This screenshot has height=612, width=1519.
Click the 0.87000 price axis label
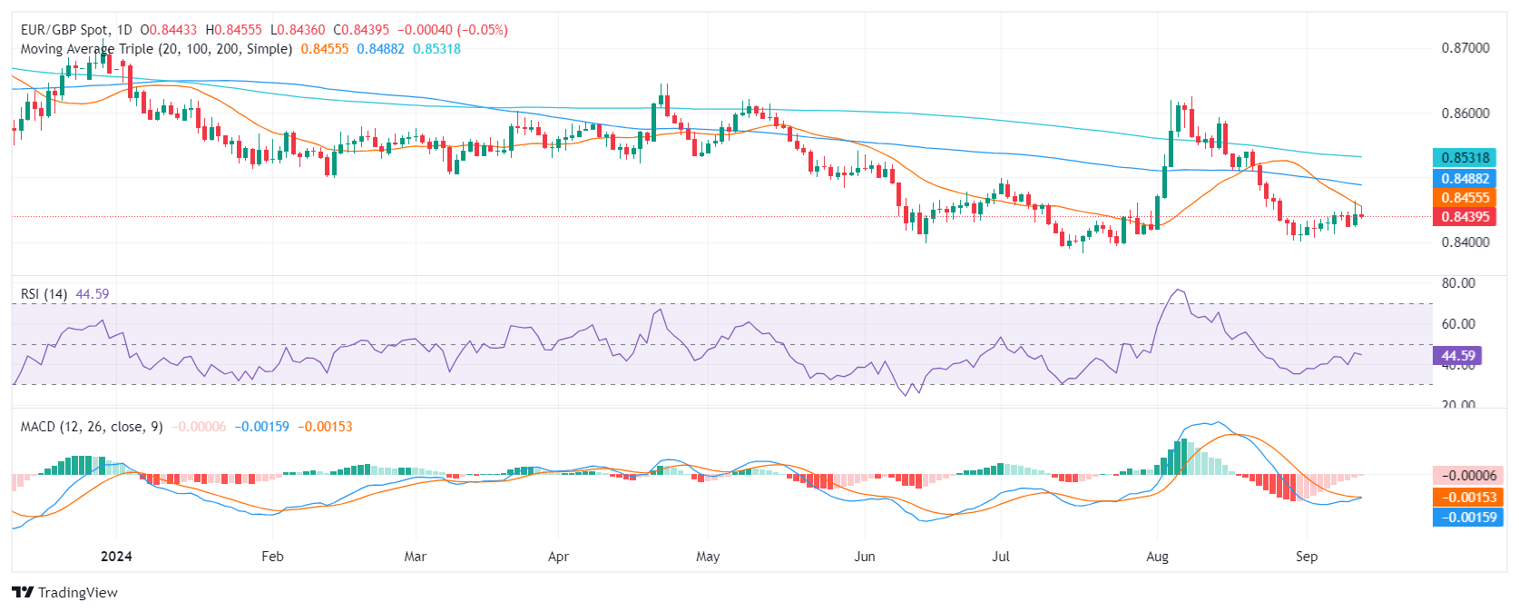tap(1465, 48)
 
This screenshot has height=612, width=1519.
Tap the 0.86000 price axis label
tap(1465, 114)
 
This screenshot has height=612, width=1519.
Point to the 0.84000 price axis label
tap(1465, 242)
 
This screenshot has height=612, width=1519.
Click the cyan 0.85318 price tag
tap(1465, 158)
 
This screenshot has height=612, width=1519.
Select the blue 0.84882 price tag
tap(1465, 179)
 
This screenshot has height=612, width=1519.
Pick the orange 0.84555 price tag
tap(1465, 198)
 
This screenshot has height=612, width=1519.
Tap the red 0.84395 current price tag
tap(1465, 217)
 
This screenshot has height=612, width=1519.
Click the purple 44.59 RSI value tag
tap(1457, 356)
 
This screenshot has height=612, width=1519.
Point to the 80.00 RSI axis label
tap(1458, 283)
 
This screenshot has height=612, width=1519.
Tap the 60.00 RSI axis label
tap(1458, 324)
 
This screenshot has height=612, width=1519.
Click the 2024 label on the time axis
tap(116, 557)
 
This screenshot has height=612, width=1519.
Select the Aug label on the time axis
tap(1157, 557)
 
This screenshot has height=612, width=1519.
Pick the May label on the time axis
tap(708, 557)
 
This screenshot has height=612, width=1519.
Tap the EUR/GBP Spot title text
tap(64, 30)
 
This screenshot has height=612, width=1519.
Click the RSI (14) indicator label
tap(44, 294)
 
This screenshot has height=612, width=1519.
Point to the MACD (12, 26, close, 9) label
tap(92, 427)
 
